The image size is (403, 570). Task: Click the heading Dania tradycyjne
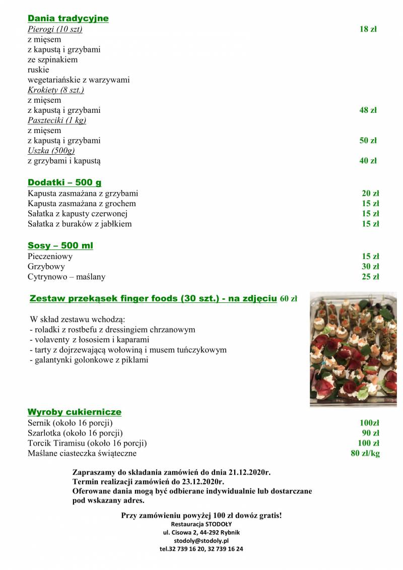pos(68,19)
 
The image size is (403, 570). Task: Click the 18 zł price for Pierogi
pos(368,29)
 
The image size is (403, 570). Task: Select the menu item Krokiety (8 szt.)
pos(55,90)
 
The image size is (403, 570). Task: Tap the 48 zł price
pos(368,110)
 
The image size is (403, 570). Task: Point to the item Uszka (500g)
pos(51,151)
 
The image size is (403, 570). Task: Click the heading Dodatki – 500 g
pos(64,182)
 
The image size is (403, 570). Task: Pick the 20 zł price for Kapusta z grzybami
pos(370,194)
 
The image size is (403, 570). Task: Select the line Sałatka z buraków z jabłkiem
pos(80,224)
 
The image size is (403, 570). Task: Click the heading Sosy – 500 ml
pos(60,245)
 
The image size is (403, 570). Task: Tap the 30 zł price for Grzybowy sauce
pos(370,267)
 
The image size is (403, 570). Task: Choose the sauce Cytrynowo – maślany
pos(66,277)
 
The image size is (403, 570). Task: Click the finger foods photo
pos(353,349)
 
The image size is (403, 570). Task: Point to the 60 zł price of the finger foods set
pos(288,299)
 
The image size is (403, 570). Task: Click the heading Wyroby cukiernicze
pos(75,412)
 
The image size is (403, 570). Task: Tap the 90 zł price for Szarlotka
pos(370,433)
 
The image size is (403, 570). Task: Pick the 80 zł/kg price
pos(365,454)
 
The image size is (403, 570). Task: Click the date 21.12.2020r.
pos(249,473)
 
